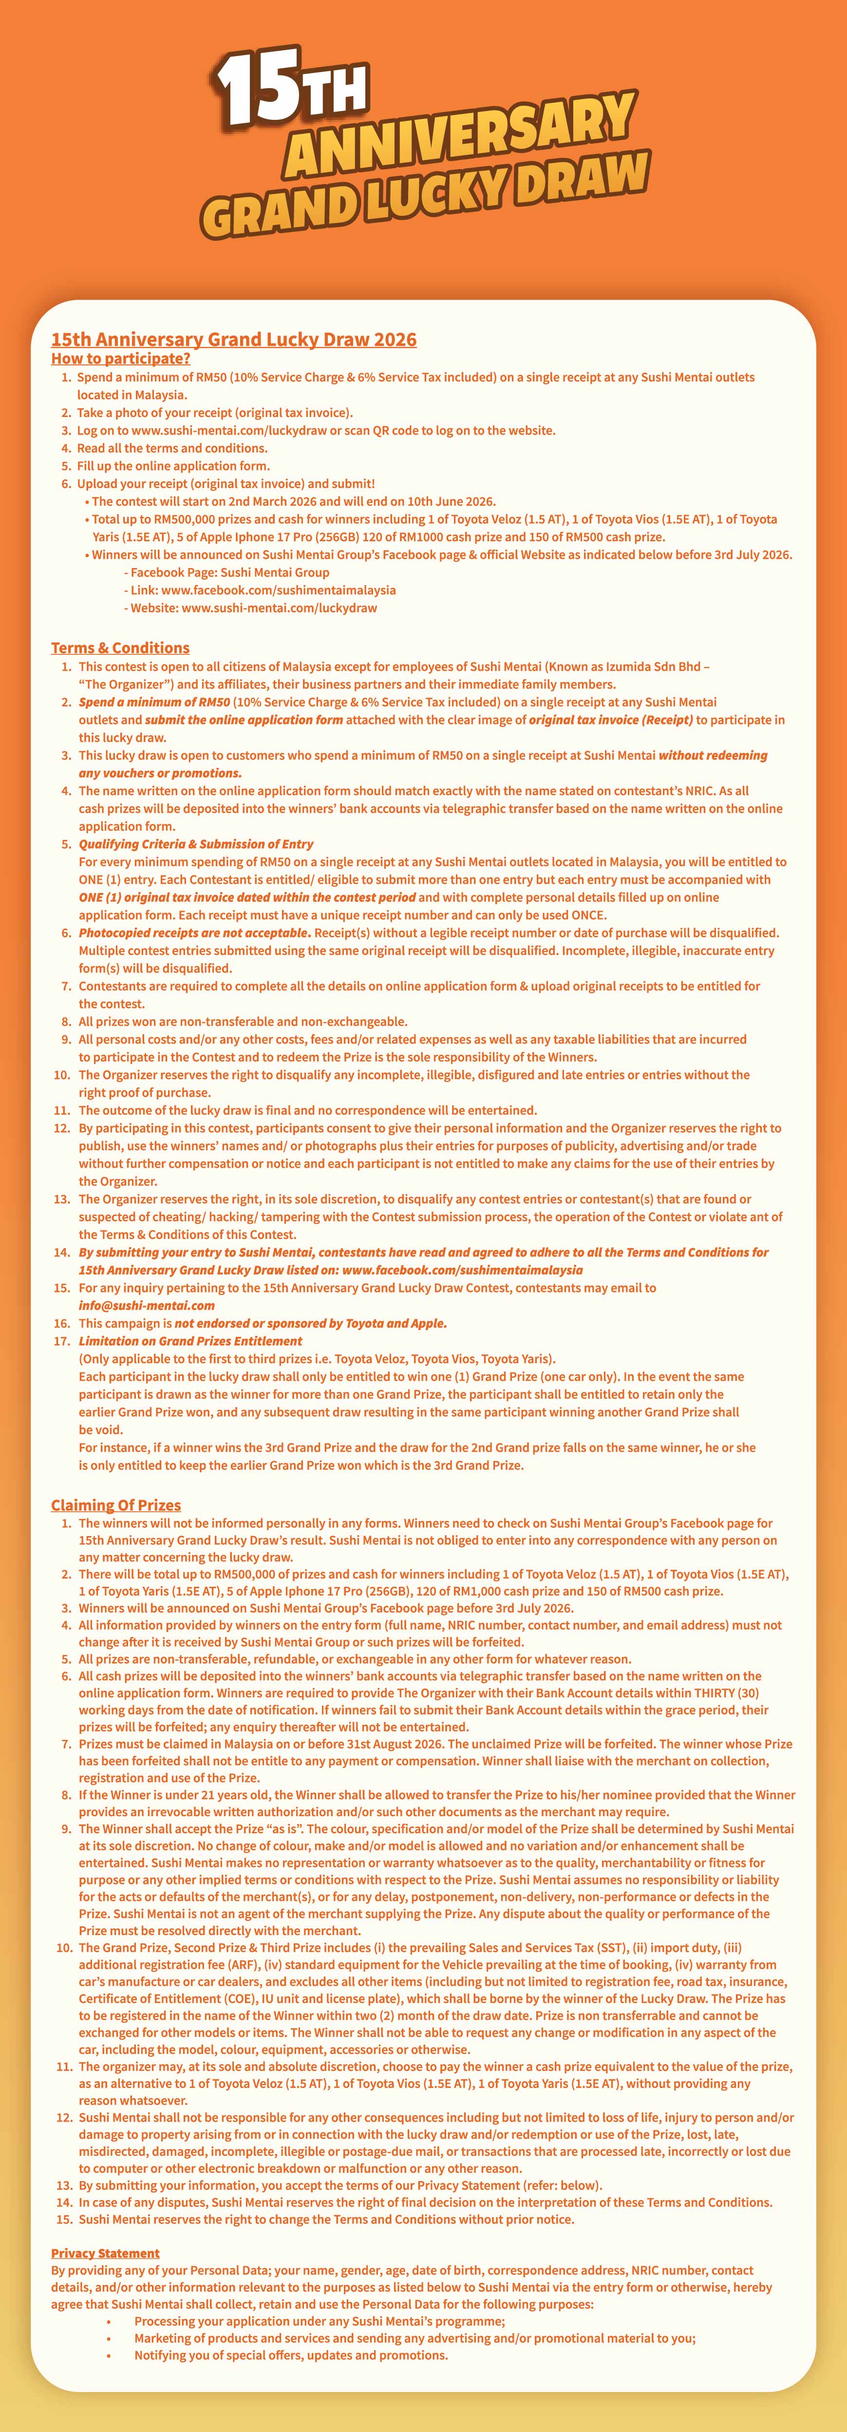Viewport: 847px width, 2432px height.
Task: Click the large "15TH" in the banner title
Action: [291, 92]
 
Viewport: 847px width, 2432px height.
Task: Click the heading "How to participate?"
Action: [121, 359]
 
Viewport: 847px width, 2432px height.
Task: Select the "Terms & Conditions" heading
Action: [120, 647]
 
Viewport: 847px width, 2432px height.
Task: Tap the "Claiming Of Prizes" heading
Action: [115, 1505]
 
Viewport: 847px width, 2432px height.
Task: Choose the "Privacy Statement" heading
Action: [105, 2253]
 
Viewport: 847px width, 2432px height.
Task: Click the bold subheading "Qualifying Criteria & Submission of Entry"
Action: [195, 844]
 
